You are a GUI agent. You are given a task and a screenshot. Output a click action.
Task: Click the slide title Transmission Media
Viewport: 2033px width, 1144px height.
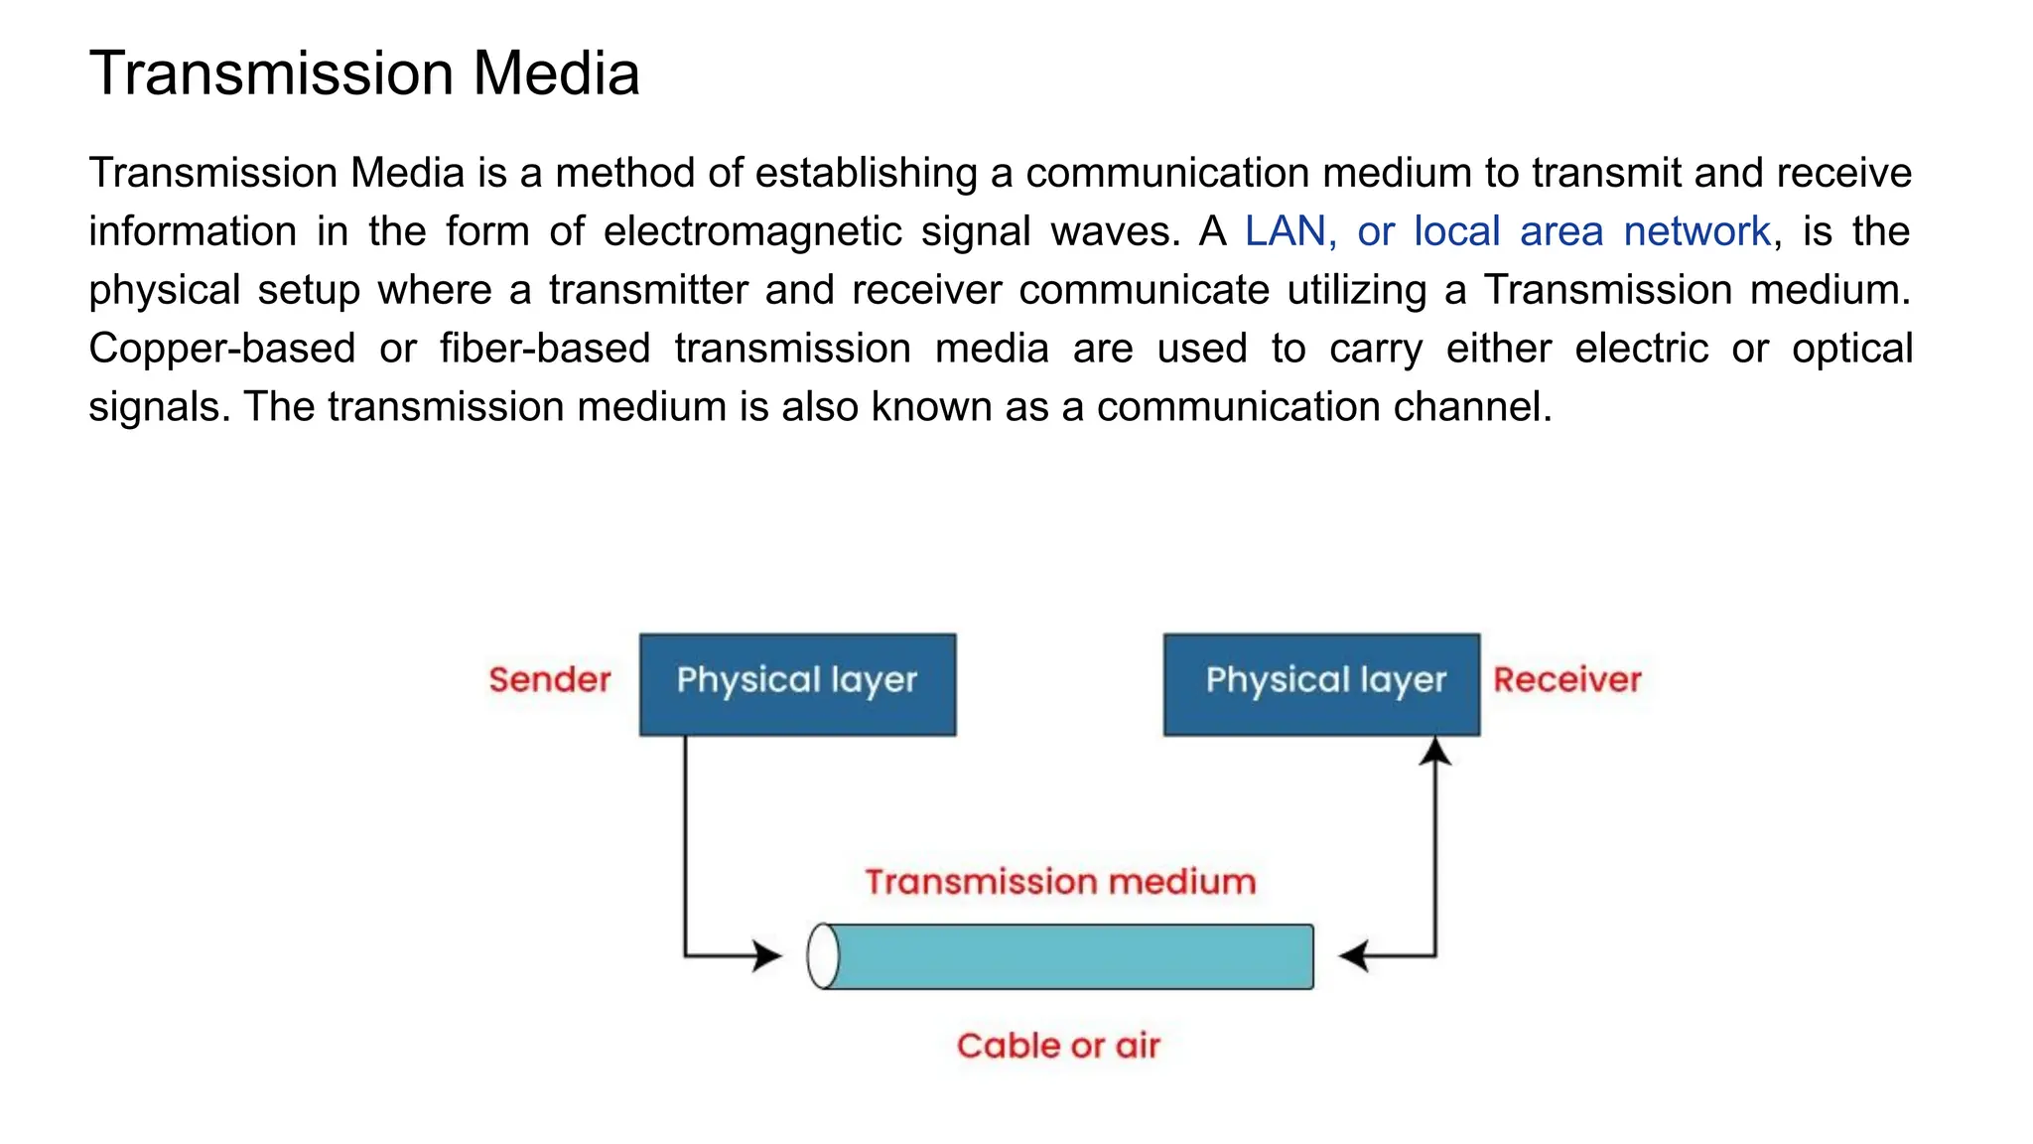point(364,73)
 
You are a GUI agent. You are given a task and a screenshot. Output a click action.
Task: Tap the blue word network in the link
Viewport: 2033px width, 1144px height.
point(1696,231)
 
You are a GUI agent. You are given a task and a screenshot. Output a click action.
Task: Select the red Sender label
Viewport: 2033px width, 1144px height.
point(549,680)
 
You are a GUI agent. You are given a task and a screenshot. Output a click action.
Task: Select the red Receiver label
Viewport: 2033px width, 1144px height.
point(1566,680)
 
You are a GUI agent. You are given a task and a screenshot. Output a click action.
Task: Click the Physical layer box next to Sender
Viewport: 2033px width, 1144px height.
point(797,684)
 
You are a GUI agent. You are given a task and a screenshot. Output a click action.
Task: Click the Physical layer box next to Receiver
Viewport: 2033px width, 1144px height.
point(1321,684)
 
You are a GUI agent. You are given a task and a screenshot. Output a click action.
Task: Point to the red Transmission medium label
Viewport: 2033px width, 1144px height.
point(1060,882)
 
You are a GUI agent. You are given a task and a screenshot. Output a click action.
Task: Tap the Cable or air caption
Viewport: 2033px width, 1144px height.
point(1058,1046)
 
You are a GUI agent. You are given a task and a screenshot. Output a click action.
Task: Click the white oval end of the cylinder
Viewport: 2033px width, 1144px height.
point(823,956)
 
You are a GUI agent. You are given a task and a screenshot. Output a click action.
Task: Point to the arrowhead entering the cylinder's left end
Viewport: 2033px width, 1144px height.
point(767,956)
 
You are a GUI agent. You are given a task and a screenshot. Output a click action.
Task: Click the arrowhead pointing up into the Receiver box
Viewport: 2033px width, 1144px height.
point(1435,752)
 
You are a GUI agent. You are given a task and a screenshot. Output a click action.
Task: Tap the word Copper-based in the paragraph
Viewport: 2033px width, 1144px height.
point(221,349)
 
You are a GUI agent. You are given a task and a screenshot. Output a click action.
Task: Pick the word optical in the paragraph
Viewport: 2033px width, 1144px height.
point(1851,349)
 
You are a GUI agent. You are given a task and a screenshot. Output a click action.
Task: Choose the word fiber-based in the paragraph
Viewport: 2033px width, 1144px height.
point(544,349)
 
